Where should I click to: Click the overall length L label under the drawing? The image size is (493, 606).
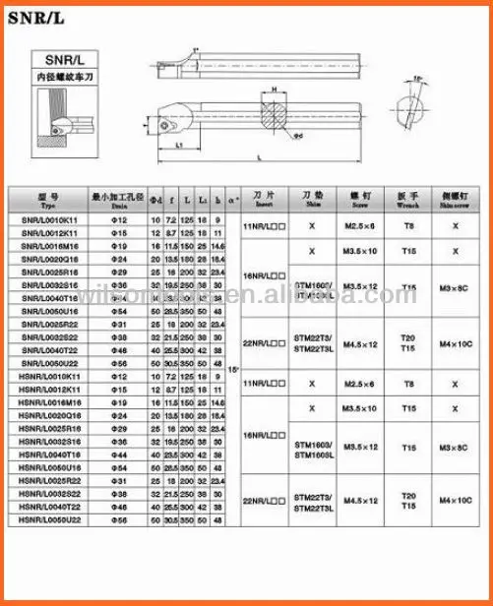point(257,156)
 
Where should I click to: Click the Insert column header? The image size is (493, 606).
point(263,198)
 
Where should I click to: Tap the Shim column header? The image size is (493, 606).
point(312,198)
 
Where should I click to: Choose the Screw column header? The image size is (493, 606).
point(359,198)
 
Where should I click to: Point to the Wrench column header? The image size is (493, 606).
point(408,198)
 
